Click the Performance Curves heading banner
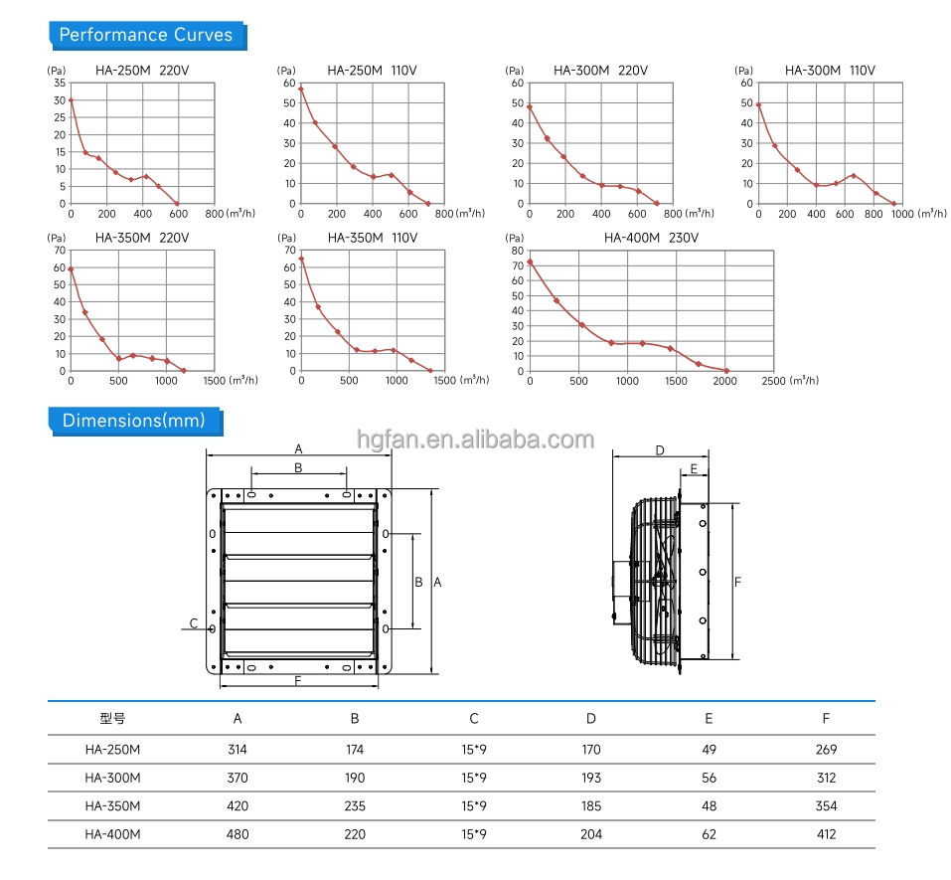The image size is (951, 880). coord(147,35)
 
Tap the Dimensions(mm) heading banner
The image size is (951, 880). coord(135,422)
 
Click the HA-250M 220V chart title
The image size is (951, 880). coord(142,71)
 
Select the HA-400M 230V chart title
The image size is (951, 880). coord(651,238)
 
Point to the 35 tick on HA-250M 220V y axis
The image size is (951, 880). coord(60,84)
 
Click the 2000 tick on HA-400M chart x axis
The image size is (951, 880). coord(724,381)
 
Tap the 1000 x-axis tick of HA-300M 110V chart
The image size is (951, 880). coord(902,214)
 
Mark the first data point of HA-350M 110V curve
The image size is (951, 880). coord(301,260)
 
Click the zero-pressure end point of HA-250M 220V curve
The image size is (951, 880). coord(177,203)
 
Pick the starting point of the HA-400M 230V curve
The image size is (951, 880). coord(530,263)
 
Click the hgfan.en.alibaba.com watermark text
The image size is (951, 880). coord(475,440)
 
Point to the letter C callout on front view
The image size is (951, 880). coord(194,623)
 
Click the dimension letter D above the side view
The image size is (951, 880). coord(660,450)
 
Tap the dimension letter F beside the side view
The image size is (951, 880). coord(737,582)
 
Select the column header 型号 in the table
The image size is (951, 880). coord(113,719)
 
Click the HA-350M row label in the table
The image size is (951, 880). coord(113,806)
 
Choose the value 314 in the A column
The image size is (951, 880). coord(238,750)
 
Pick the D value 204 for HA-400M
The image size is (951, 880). coord(591,834)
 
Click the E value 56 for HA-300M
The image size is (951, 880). coord(709,778)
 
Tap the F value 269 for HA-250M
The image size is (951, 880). coord(826,750)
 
